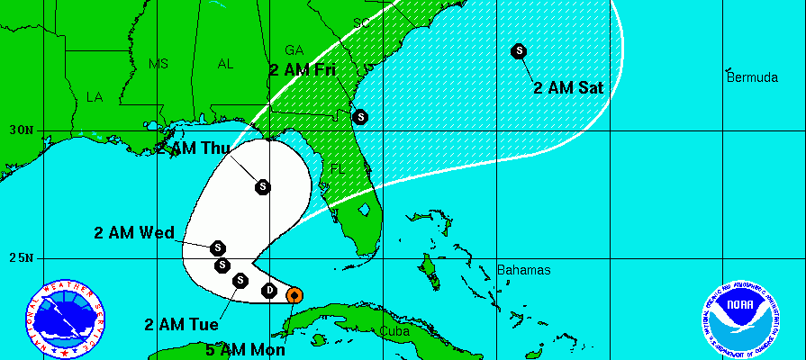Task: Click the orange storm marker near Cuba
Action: [x=294, y=294]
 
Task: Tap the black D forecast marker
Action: [x=269, y=290]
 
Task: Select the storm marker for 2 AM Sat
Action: [x=519, y=51]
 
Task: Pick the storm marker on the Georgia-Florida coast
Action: [x=360, y=116]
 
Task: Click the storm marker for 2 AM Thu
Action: [x=262, y=186]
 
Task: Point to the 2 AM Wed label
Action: [x=134, y=232]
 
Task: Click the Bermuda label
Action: [x=752, y=77]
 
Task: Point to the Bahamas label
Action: [x=523, y=270]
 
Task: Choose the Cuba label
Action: [x=394, y=330]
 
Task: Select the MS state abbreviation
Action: [x=158, y=64]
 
